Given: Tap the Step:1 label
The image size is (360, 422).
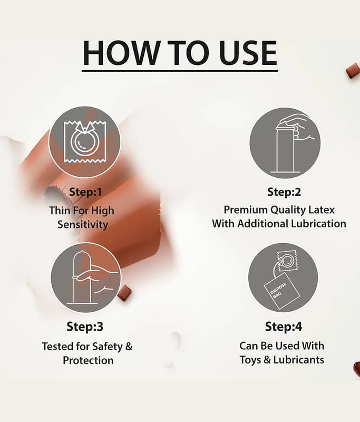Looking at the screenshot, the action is (85, 192).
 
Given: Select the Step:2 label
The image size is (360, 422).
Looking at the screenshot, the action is (284, 192).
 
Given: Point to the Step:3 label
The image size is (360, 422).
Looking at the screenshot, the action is (85, 327).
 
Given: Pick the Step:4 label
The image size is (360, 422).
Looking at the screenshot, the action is (284, 327).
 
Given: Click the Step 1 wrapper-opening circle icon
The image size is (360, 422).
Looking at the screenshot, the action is (85, 142).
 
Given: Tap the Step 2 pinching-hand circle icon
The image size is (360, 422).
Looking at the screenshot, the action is (285, 143).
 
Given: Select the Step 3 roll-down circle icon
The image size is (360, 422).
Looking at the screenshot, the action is (86, 278).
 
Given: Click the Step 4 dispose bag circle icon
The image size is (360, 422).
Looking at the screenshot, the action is (283, 277).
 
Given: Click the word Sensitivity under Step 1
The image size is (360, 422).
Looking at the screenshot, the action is (83, 225).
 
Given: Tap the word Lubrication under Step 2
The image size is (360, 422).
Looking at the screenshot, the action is (318, 224).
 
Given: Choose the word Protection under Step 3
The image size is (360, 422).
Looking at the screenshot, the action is (88, 361).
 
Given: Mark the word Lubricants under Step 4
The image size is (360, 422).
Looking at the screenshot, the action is (299, 360).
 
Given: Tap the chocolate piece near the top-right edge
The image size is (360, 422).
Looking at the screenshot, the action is (353, 71).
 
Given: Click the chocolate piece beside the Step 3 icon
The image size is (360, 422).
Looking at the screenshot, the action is (124, 292).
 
